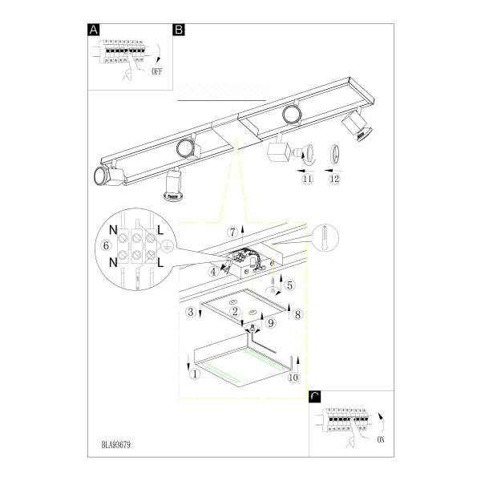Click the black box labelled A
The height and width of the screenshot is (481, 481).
pyautogui.click(x=94, y=30)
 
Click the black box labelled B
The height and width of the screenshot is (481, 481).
pyautogui.click(x=179, y=30)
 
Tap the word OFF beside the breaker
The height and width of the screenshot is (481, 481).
pyautogui.click(x=157, y=72)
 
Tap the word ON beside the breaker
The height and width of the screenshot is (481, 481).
pyautogui.click(x=381, y=440)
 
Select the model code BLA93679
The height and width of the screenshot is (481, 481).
pyautogui.click(x=116, y=445)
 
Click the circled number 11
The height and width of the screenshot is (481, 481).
pyautogui.click(x=307, y=179)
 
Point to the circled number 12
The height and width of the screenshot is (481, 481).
pyautogui.click(x=334, y=179)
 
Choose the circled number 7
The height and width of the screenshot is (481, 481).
pyautogui.click(x=232, y=232)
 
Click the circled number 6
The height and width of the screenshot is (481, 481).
pyautogui.click(x=106, y=245)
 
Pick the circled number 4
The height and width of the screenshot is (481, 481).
pyautogui.click(x=213, y=272)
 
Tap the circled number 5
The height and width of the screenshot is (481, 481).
pyautogui.click(x=289, y=285)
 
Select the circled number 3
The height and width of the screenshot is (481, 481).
pyautogui.click(x=191, y=312)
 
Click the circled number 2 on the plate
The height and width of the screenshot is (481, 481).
pyautogui.click(x=235, y=312)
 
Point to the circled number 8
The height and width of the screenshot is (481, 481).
pyautogui.click(x=297, y=314)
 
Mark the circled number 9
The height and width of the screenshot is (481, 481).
pyautogui.click(x=271, y=323)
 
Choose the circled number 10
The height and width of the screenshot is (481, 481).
pyautogui.click(x=293, y=378)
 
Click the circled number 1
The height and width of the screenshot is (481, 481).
pyautogui.click(x=195, y=374)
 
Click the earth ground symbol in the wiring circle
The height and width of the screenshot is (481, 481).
pyautogui.click(x=166, y=246)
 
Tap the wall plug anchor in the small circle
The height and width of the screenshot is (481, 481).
pyautogui.click(x=325, y=237)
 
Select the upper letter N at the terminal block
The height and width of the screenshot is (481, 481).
pyautogui.click(x=113, y=230)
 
